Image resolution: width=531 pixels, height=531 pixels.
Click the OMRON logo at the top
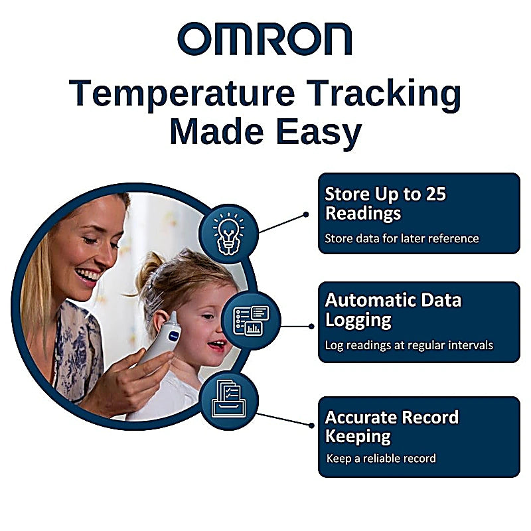point(265,39)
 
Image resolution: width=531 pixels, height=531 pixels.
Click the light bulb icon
point(228,234)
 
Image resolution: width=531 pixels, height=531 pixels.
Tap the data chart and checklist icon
point(251,319)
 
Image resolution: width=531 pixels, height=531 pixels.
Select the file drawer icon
point(228,401)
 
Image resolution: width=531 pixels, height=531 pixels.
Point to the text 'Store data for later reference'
point(401,238)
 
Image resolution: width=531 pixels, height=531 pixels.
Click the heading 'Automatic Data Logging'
point(392,309)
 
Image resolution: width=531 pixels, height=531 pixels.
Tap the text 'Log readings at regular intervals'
point(408,345)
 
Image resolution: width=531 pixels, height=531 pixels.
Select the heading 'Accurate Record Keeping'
point(392,427)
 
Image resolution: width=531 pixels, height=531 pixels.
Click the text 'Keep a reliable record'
point(381,458)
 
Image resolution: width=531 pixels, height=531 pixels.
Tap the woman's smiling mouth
point(88,273)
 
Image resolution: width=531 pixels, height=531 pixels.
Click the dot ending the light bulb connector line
point(306,214)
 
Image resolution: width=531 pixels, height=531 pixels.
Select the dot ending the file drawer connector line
point(311,425)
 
